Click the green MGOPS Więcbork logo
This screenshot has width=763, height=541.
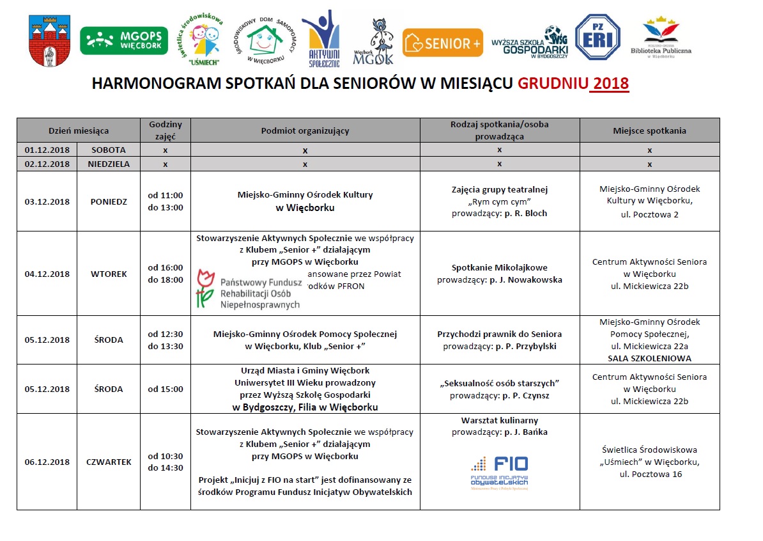[x=124, y=40]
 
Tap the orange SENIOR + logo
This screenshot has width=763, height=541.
[x=443, y=43]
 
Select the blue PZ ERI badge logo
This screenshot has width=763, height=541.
[x=597, y=39]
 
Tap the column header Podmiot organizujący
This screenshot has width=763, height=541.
[x=305, y=130]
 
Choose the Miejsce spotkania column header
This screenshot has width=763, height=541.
[x=649, y=130]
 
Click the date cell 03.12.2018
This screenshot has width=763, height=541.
[x=47, y=201]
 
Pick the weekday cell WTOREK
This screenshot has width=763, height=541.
[x=109, y=274]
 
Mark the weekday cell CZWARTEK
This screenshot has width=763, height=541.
[x=109, y=462]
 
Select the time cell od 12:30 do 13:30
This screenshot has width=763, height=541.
[x=166, y=340]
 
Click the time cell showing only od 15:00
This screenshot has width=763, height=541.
[x=166, y=389]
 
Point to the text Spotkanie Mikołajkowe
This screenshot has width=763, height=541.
[x=499, y=267]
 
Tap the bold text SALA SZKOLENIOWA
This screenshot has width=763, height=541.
[x=649, y=358]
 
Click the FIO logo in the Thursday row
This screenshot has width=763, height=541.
[x=499, y=471]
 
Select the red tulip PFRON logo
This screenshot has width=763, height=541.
[x=247, y=290]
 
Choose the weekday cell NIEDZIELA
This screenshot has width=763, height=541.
[x=109, y=164]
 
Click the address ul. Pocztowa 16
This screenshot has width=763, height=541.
[x=649, y=474]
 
